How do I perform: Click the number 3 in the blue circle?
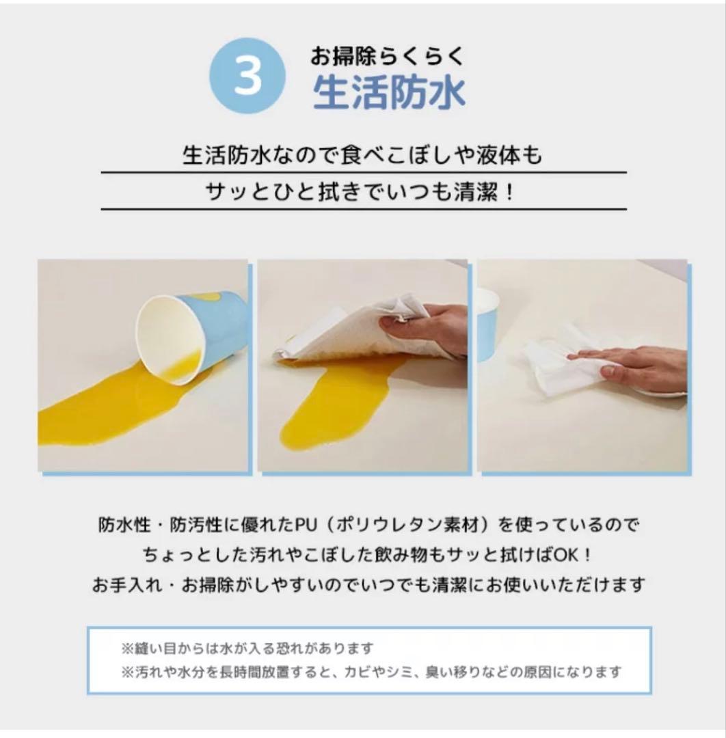(247, 77)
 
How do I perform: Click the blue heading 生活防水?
(389, 94)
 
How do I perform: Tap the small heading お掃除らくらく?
(388, 54)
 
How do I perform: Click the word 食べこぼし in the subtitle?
(379, 156)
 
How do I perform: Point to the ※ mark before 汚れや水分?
(126, 672)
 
